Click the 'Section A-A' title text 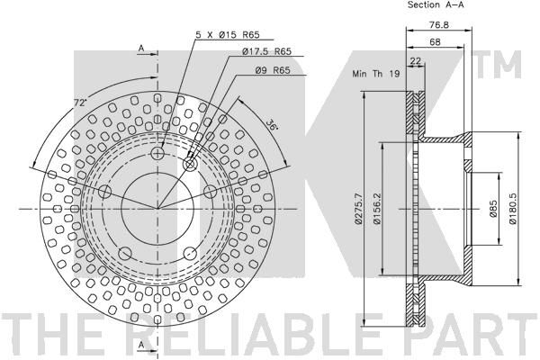[436, 4]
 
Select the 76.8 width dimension [439, 25]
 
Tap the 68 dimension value [435, 42]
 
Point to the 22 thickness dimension [416, 61]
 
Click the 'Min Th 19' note [375, 74]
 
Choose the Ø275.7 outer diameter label [358, 209]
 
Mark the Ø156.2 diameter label [377, 209]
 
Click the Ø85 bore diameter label [493, 209]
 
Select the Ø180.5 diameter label [512, 209]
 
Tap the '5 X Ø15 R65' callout [228, 34]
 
